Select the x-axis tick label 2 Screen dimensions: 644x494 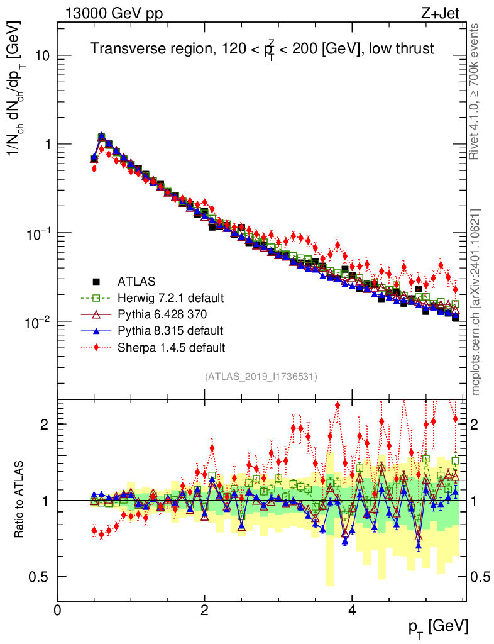(x=204, y=611)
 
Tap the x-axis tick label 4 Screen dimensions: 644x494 (x=352, y=611)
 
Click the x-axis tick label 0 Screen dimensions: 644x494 (x=57, y=611)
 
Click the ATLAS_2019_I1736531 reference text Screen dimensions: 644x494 (x=261, y=377)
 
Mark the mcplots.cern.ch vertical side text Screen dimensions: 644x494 (x=476, y=302)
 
